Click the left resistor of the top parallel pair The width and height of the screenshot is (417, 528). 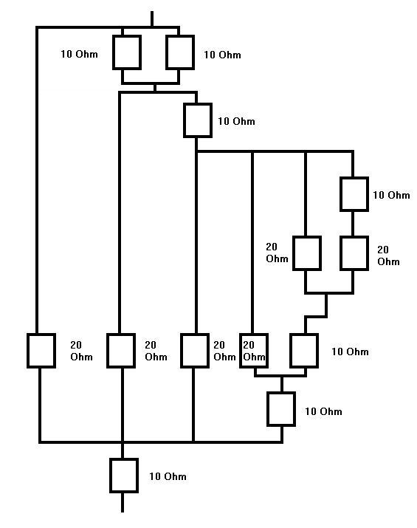127,52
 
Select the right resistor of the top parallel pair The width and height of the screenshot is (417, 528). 180,52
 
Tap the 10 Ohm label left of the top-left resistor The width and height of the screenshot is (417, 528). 80,54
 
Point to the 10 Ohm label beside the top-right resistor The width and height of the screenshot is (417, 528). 222,55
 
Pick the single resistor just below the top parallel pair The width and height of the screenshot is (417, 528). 198,120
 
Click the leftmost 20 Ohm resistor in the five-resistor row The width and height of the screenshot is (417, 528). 41,351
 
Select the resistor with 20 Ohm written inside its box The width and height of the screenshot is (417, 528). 254,351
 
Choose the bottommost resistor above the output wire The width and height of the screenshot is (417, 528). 124,475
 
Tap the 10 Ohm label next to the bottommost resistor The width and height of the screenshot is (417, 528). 168,476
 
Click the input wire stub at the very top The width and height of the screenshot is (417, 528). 152,19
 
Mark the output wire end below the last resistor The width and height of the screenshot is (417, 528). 123,512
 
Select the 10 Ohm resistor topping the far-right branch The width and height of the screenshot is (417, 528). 354,194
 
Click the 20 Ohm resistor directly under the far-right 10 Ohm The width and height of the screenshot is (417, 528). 354,253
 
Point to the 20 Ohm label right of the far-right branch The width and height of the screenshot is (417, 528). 388,256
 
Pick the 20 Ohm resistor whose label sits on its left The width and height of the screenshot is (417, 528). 306,253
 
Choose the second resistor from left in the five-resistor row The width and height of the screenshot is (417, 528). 121,351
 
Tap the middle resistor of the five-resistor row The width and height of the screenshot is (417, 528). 195,351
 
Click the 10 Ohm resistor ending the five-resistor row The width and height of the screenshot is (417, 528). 304,351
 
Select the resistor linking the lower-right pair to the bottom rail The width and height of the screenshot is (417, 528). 281,409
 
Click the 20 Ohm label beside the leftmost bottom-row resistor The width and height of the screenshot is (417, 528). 81,351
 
